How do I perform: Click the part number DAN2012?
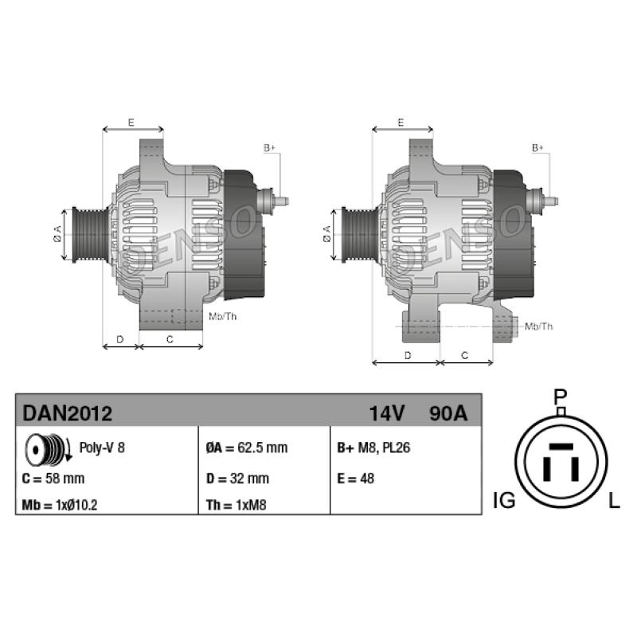click(68, 413)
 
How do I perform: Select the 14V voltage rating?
click(387, 413)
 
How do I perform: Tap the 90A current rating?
click(448, 413)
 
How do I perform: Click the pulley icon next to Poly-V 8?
click(48, 450)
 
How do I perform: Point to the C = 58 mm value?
click(53, 479)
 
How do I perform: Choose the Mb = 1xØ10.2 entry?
click(60, 505)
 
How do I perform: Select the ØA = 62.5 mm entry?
click(247, 447)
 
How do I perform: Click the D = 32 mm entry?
click(237, 479)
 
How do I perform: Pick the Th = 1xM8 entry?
click(236, 505)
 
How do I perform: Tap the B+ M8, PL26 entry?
click(373, 447)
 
